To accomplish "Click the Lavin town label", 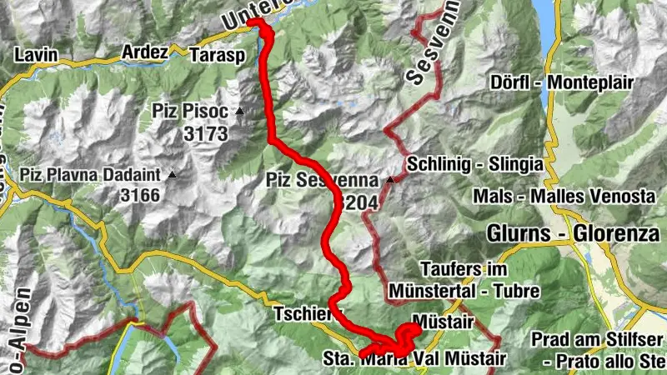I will (x=37, y=55).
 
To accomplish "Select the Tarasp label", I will (x=211, y=54).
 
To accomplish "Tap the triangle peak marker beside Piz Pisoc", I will (x=240, y=111).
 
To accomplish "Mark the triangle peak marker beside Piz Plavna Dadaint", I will (x=172, y=175).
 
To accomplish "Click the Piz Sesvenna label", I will (x=325, y=179).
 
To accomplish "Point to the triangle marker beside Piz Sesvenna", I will (x=390, y=179).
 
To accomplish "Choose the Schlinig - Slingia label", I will (x=476, y=163).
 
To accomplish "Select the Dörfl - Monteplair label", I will (x=563, y=82).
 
